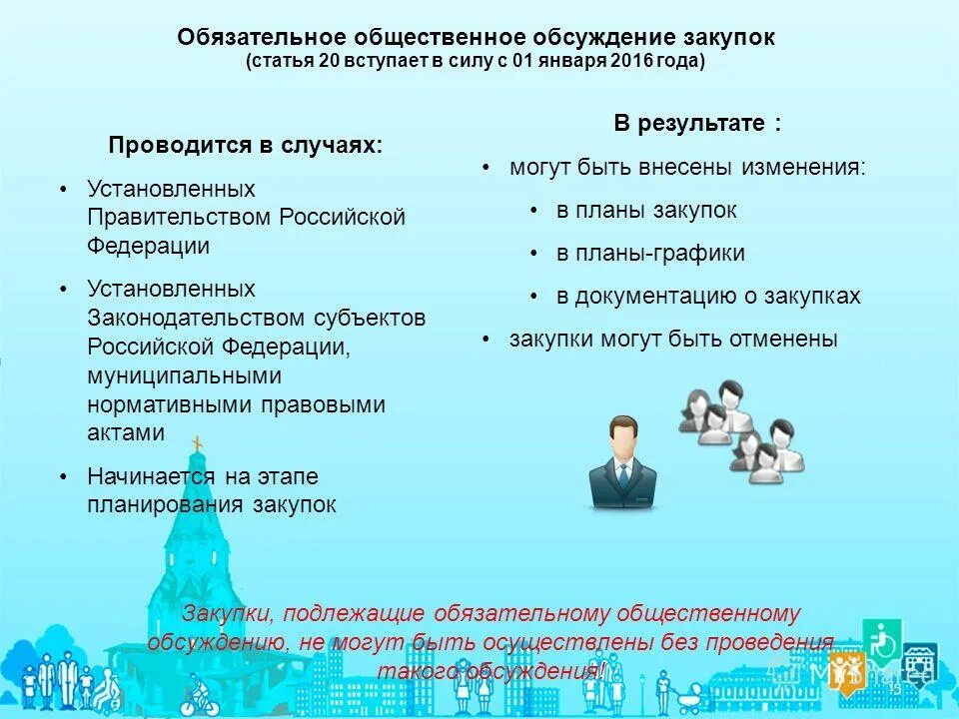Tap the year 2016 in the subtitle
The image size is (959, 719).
click(x=637, y=61)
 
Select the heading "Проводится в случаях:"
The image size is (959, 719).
click(x=246, y=145)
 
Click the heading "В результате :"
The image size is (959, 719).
click(x=697, y=124)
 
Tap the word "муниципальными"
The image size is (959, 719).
click(x=184, y=375)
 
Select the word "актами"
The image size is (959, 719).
click(x=125, y=432)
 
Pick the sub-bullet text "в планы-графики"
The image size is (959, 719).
click(x=650, y=254)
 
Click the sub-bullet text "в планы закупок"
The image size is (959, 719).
click(x=646, y=211)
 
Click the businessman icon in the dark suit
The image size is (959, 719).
click(x=621, y=465)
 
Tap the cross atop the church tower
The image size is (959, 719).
click(x=197, y=444)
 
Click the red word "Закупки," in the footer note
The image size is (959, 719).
click(x=229, y=613)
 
